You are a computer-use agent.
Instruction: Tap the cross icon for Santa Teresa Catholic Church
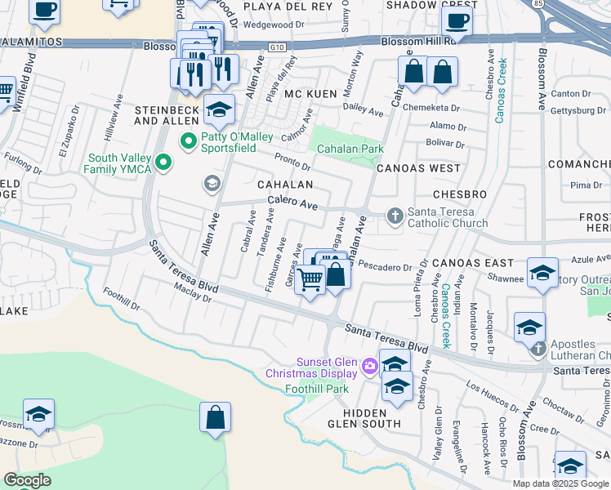(x=395, y=216)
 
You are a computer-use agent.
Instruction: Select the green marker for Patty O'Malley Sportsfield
(x=190, y=143)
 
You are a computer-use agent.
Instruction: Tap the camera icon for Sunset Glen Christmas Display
(x=368, y=366)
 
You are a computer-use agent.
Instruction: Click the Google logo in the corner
(x=27, y=480)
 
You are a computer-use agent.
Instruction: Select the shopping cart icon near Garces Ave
(x=310, y=280)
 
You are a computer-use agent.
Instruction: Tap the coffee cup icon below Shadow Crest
(x=458, y=20)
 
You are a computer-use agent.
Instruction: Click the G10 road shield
(x=277, y=47)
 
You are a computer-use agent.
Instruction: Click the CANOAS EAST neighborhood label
(x=473, y=263)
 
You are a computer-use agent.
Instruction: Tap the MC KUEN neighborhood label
(x=311, y=95)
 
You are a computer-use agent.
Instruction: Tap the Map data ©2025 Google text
(x=560, y=483)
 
